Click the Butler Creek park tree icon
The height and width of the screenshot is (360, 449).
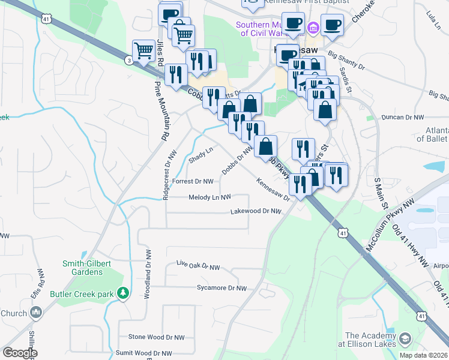pos(123,293)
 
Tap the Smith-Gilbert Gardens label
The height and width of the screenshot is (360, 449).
pos(82,268)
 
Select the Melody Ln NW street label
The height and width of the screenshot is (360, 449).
pos(209,197)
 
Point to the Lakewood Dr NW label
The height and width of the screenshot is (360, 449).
pos(256,211)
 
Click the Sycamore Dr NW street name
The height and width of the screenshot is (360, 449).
pos(221,288)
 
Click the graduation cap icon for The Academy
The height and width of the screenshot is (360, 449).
pos(405,339)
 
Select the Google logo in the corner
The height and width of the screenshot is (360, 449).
pos(20,353)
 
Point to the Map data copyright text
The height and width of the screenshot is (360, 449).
pos(424,355)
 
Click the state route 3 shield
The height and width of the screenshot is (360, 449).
pos(129,60)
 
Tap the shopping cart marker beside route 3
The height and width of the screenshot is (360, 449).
pos(143,50)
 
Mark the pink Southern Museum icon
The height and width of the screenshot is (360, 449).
pos(313,28)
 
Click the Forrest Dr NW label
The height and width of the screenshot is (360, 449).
pos(193,181)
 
